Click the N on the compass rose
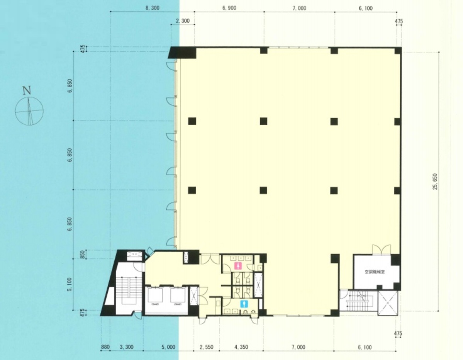[27, 91]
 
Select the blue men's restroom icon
[243, 304]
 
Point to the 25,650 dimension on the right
[436, 181]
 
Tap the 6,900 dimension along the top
[229, 8]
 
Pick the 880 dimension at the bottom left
[105, 347]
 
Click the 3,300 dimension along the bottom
[126, 347]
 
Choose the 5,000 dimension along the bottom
[168, 347]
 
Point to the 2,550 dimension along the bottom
[207, 347]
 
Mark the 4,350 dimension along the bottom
[241, 347]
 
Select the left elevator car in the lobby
[156, 297]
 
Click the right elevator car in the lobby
[178, 297]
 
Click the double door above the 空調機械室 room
[381, 250]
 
